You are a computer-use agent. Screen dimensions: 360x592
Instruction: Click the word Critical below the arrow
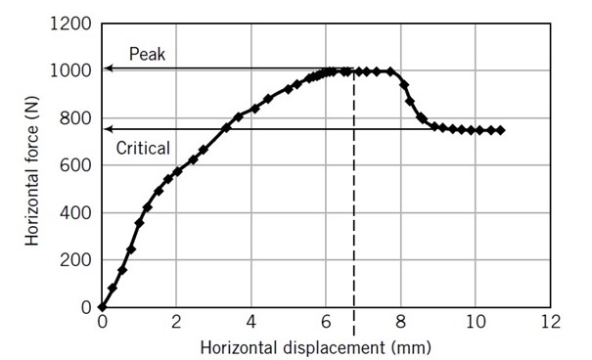point(143,149)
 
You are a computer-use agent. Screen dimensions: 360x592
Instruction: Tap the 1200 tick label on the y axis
point(71,23)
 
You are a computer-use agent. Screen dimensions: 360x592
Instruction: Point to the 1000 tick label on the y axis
point(71,70)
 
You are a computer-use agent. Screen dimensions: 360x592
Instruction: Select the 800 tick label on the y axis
point(75,118)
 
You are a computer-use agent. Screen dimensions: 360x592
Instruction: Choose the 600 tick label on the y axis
point(75,165)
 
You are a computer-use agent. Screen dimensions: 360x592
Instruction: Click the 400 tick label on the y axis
point(75,212)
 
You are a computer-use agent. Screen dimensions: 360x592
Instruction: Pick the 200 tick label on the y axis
point(75,260)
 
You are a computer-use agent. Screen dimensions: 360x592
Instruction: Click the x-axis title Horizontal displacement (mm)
point(315,346)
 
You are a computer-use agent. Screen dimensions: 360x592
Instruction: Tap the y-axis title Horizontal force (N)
point(32,164)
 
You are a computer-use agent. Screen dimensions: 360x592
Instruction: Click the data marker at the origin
point(102,307)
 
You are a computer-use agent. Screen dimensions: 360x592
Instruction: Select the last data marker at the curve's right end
point(501,130)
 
